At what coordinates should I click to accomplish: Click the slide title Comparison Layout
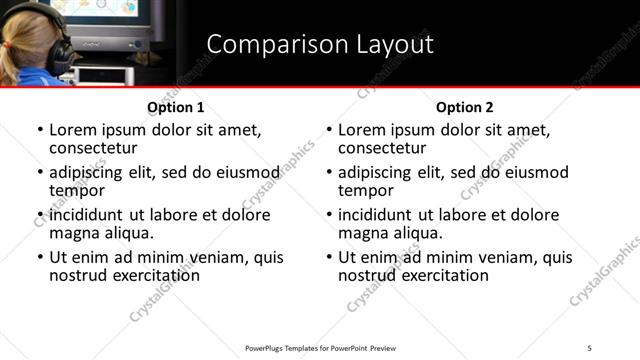(x=320, y=45)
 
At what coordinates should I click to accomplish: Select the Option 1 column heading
(x=175, y=107)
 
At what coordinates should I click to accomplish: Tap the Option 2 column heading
(x=464, y=107)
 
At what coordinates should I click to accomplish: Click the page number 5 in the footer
(x=590, y=347)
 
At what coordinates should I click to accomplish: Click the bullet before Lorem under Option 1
(x=39, y=131)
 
